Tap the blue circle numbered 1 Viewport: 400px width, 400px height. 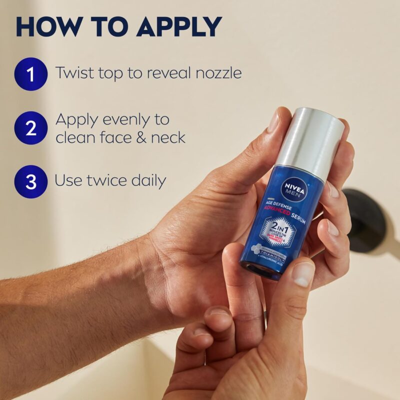point(31,74)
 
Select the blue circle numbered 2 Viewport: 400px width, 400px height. point(31,128)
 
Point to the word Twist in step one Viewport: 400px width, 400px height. point(72,73)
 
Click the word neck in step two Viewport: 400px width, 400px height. point(168,137)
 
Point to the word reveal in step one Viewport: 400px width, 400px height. point(167,73)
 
